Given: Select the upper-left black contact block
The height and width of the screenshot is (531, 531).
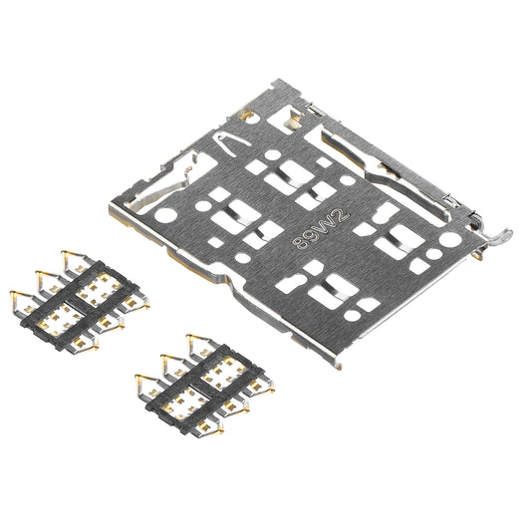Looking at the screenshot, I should point(79,296).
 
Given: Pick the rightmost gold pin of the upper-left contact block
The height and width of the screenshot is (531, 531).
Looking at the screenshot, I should point(142,299).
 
